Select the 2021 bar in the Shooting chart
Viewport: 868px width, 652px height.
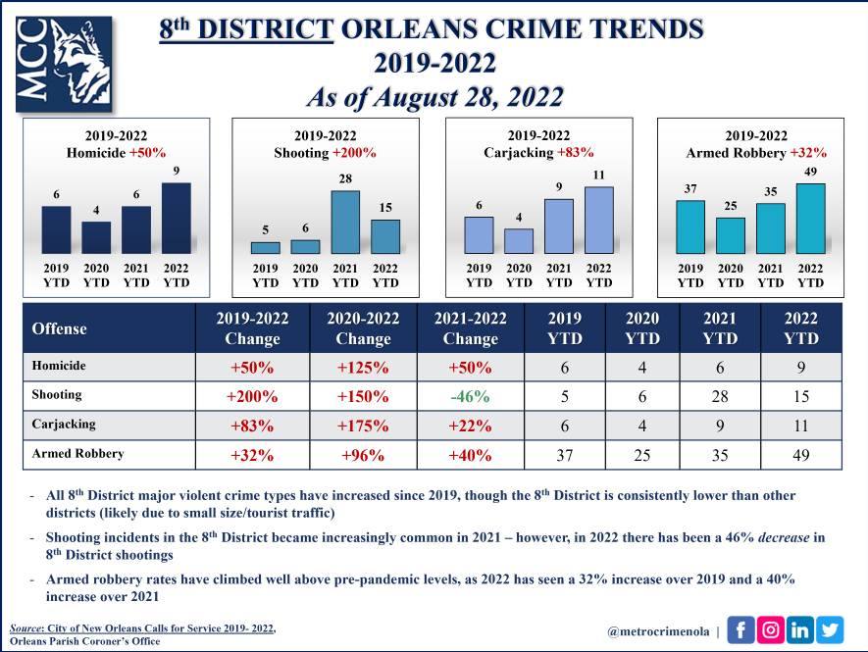click(345, 222)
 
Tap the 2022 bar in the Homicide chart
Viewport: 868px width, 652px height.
click(177, 218)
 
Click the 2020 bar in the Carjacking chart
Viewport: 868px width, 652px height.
click(519, 241)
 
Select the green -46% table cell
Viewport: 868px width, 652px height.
click(471, 397)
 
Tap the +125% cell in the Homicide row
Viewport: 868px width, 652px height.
click(363, 367)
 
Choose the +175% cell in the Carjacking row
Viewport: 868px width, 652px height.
click(363, 426)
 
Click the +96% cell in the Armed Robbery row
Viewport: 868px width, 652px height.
click(363, 455)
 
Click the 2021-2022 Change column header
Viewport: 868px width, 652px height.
click(471, 328)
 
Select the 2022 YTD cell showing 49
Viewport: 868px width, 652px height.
click(801, 455)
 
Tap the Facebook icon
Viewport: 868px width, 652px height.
click(740, 629)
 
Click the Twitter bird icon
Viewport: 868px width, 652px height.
click(829, 629)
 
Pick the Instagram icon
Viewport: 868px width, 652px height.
click(770, 629)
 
